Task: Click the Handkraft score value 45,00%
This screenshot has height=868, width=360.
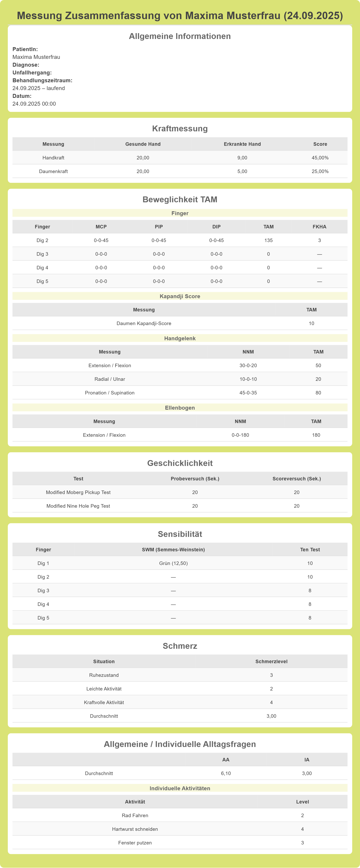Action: tap(320, 158)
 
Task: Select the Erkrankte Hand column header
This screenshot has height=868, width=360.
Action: tap(242, 144)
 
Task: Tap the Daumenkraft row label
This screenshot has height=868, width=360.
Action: tap(53, 171)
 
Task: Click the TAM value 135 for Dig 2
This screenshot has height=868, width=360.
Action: tap(268, 240)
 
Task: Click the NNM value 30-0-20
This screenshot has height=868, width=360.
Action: tap(248, 365)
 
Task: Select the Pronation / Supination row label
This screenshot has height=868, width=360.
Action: tap(110, 392)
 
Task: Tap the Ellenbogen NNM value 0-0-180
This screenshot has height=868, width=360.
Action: tap(240, 435)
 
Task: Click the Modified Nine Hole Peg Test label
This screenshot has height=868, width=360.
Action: tap(78, 506)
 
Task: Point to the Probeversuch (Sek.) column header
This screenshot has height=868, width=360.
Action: tap(195, 478)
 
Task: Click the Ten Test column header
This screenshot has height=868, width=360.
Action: tap(310, 550)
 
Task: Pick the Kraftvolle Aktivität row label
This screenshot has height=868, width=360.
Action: tap(104, 702)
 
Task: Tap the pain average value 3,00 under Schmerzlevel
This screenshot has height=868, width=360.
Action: tap(271, 716)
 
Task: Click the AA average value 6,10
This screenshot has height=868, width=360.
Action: tap(226, 773)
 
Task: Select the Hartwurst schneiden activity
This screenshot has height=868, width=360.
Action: tap(135, 829)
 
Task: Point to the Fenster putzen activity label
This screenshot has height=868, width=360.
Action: tap(135, 843)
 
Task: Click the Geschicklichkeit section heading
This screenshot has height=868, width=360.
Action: tap(180, 463)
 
